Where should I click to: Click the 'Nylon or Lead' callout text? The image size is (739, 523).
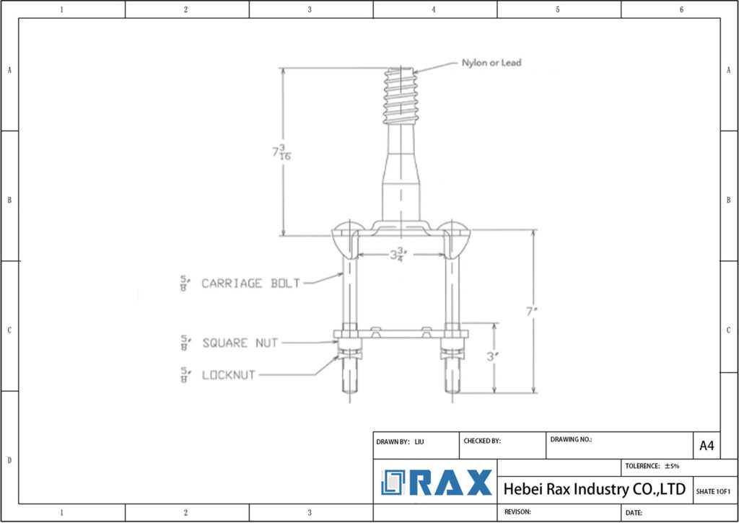point(491,63)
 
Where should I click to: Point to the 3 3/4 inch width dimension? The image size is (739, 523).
point(398,254)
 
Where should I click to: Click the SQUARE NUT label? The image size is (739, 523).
point(240,343)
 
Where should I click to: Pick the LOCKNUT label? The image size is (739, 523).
point(228,375)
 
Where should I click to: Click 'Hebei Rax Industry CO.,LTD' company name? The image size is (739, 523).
point(594,489)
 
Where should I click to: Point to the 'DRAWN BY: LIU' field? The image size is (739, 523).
point(401,441)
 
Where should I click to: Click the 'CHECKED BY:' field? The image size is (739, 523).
point(483,441)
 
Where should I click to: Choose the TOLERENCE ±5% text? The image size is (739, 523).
point(652,466)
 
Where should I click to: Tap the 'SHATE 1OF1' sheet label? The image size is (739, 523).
point(713,491)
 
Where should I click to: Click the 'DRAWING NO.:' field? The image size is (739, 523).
point(572,439)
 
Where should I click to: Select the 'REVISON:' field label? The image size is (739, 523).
point(517,511)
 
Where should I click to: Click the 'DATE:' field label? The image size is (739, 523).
point(634,512)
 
